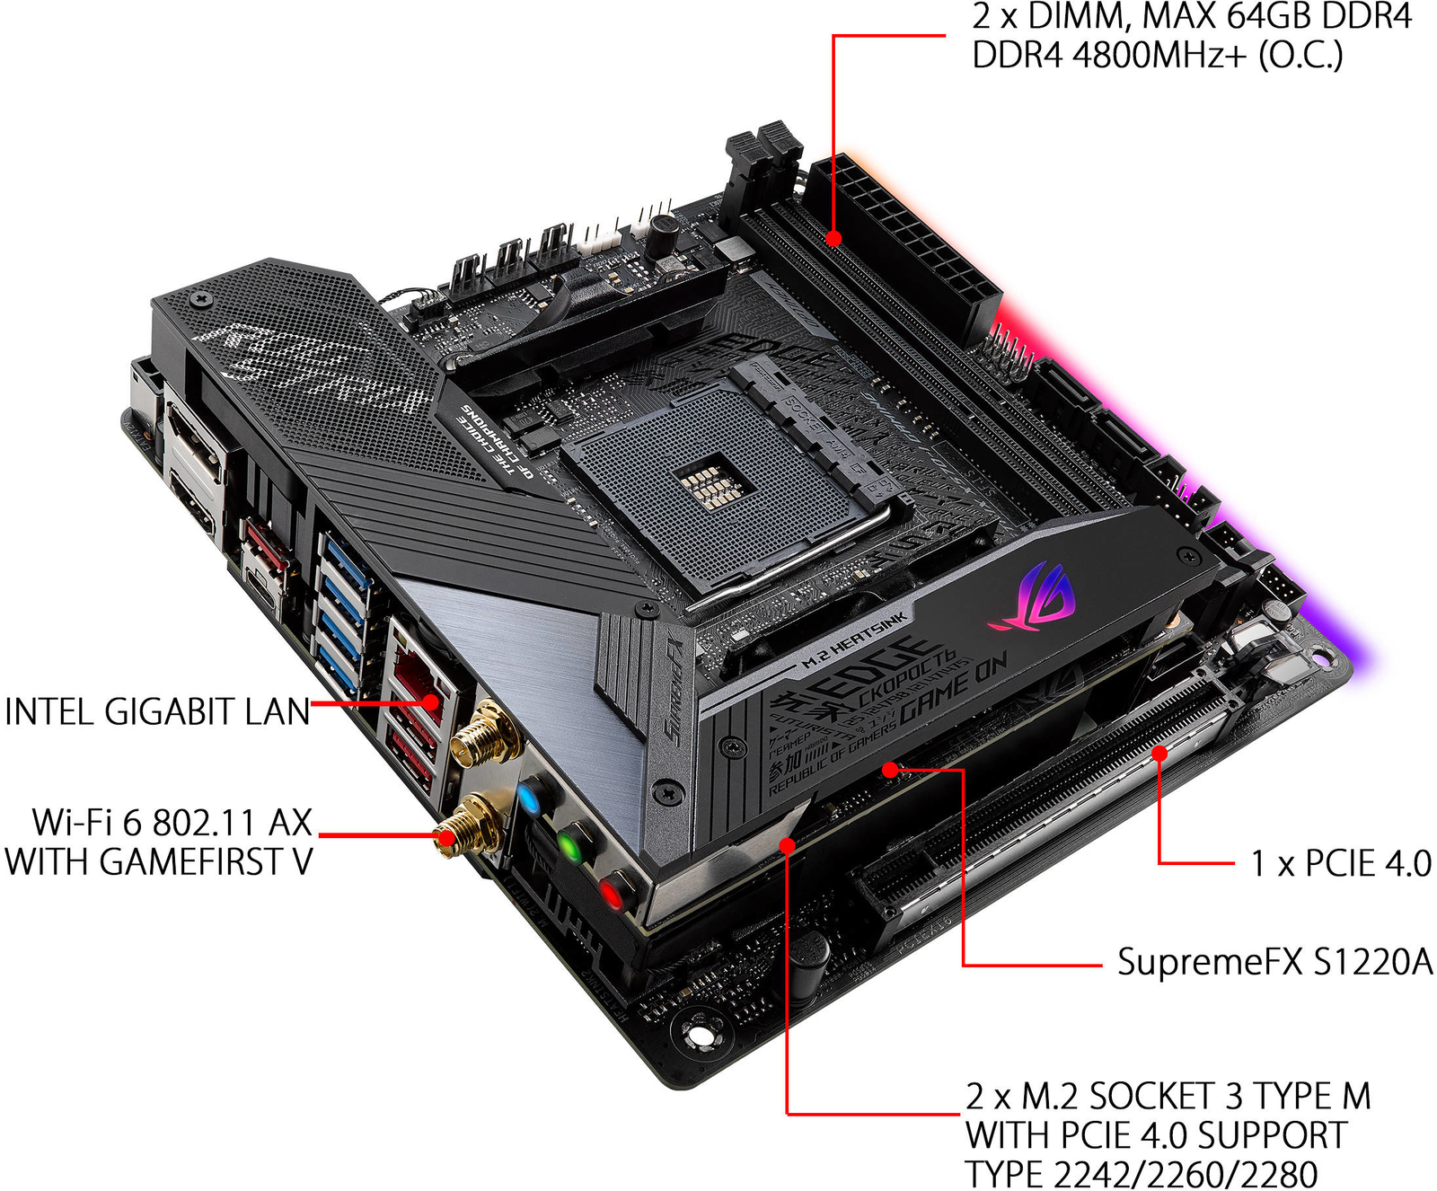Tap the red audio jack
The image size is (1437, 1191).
pos(611,893)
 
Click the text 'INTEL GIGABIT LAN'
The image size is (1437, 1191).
pos(157,712)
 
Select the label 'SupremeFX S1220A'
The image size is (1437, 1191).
pos(1274,962)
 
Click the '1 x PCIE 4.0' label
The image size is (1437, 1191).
pos(1340,864)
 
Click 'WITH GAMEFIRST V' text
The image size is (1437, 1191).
pos(159,862)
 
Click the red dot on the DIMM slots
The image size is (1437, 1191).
pos(833,239)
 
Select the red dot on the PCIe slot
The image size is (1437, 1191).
pos(1159,753)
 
